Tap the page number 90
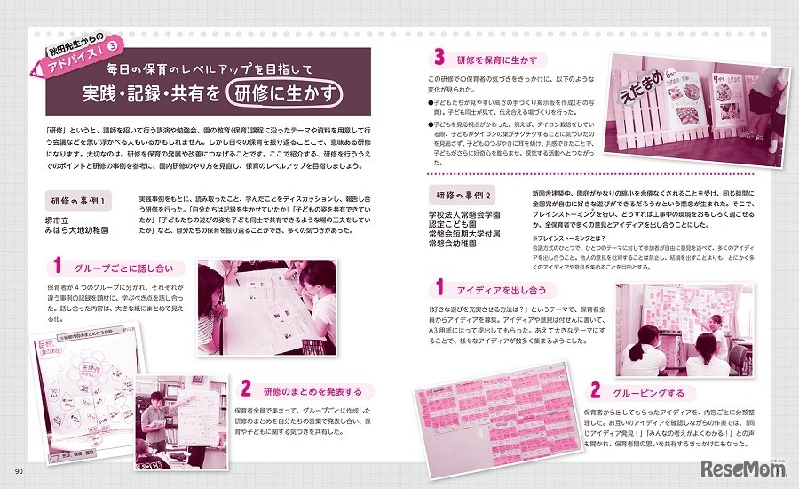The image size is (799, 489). [18, 471]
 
